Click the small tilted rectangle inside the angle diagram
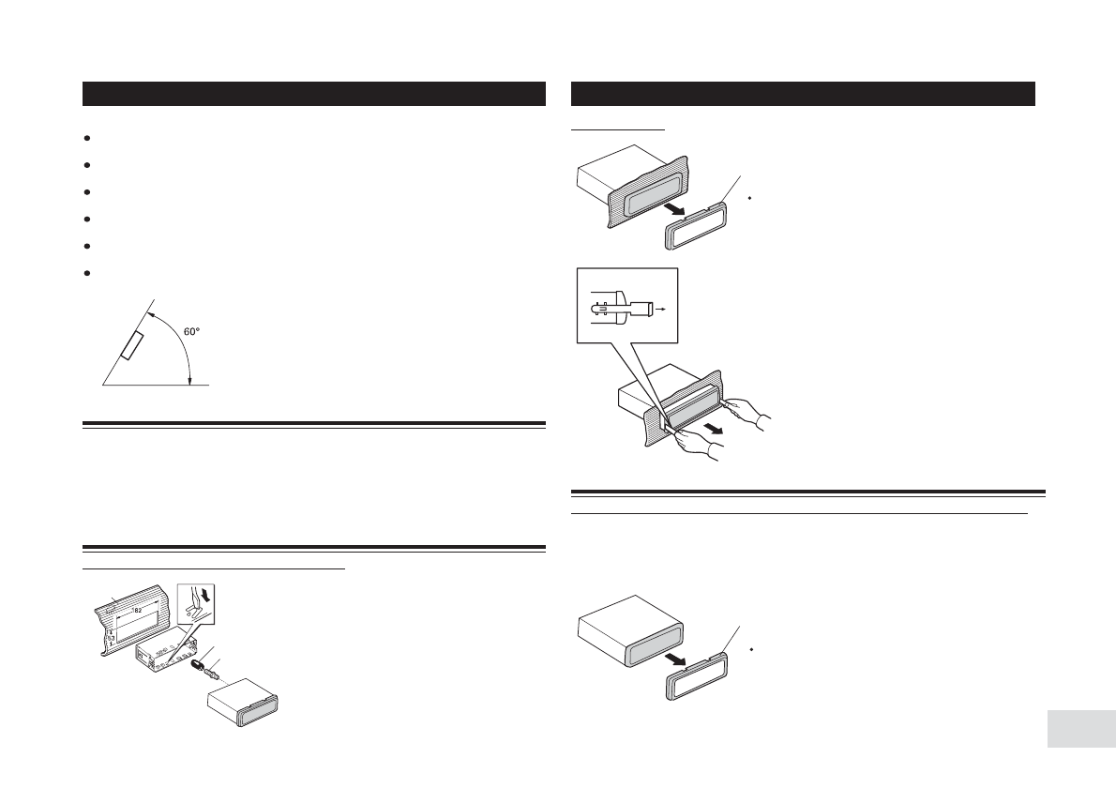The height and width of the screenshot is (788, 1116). tap(132, 345)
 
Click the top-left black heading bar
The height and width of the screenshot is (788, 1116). tap(314, 94)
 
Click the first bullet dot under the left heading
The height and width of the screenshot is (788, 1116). tap(86, 138)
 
